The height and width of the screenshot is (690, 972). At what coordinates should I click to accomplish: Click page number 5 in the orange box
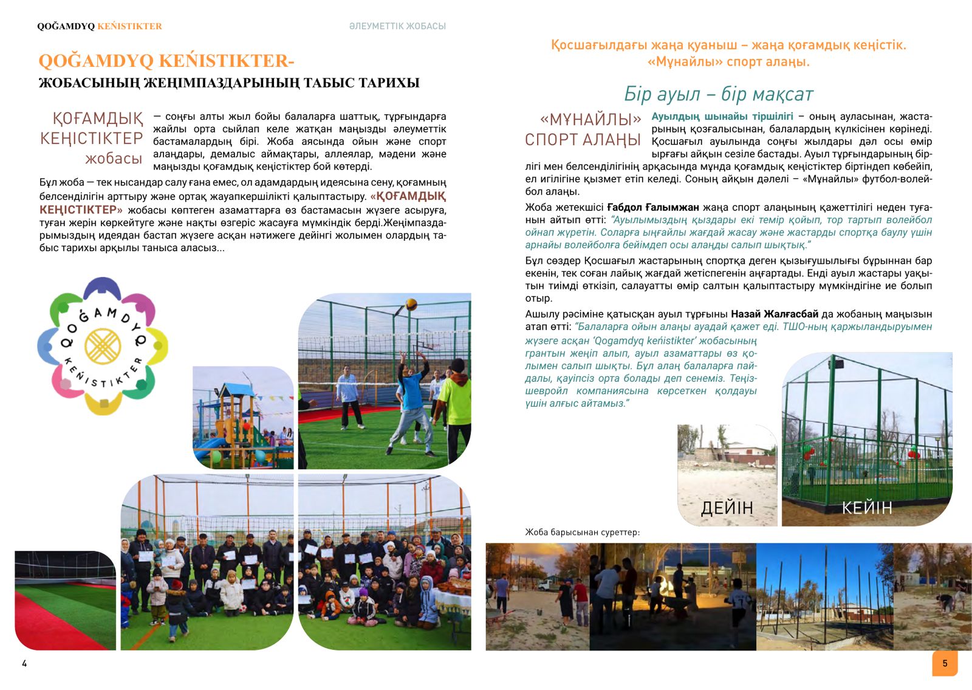click(945, 663)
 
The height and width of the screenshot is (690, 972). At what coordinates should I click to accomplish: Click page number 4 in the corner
click(24, 663)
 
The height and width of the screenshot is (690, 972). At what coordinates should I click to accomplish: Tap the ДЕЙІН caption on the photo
click(727, 508)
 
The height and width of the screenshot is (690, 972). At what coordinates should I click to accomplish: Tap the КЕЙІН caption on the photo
click(866, 508)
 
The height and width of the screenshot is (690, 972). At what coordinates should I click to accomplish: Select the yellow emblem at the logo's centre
click(103, 346)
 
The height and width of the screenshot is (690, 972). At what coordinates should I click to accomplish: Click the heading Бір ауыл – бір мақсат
click(718, 94)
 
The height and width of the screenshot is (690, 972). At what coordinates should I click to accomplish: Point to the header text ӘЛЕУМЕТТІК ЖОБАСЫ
click(397, 26)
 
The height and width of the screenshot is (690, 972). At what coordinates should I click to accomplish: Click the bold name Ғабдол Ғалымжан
click(652, 207)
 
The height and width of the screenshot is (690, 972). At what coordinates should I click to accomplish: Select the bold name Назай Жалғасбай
click(774, 314)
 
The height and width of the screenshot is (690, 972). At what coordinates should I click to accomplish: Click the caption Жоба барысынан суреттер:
click(582, 533)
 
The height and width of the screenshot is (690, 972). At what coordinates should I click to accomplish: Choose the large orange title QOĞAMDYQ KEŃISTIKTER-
click(166, 61)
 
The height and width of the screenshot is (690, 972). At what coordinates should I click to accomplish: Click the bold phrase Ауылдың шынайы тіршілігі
click(722, 116)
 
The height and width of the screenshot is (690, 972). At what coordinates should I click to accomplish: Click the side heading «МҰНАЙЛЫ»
click(590, 119)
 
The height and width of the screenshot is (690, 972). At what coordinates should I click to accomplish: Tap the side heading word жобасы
click(114, 159)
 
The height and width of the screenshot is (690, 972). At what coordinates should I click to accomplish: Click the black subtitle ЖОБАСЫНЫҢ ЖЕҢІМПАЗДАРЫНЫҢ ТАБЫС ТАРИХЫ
click(229, 83)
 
